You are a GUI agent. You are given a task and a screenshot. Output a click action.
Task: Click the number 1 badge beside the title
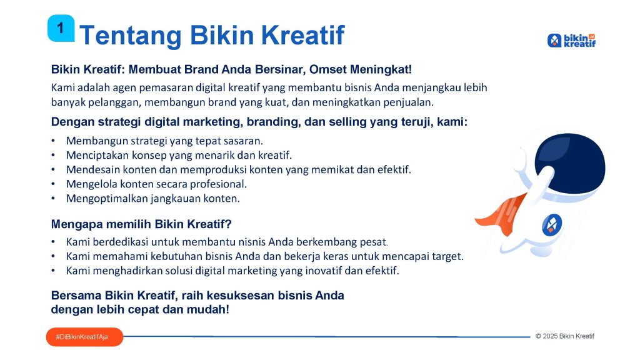[x=61, y=28]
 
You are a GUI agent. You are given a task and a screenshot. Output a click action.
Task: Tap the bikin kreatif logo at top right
[x=571, y=41]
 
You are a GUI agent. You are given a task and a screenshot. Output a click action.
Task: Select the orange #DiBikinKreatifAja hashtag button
[x=84, y=337]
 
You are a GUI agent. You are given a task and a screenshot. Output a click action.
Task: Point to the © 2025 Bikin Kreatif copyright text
[x=565, y=336]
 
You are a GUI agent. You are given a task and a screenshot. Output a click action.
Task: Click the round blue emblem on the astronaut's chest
[x=552, y=225]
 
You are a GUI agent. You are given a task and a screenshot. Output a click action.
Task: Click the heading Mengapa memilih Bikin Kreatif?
[x=141, y=224]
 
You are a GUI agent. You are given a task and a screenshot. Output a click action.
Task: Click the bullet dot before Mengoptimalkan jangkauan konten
[x=53, y=199]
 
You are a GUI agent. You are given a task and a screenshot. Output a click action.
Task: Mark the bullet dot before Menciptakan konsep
[x=53, y=156]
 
